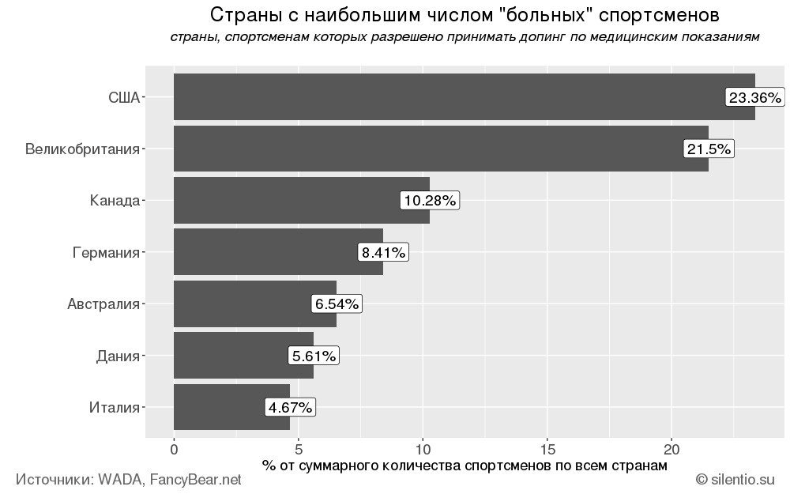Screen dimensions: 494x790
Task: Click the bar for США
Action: pyautogui.click(x=442, y=97)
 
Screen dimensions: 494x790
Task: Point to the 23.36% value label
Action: pyautogui.click(x=754, y=98)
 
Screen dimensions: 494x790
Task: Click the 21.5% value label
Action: pyautogui.click(x=709, y=149)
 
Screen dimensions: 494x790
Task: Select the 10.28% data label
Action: pyautogui.click(x=429, y=201)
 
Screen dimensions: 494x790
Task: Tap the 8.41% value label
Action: pyautogui.click(x=383, y=253)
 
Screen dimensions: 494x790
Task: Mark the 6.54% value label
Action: pyautogui.click(x=337, y=304)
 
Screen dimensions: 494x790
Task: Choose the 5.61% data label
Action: pyautogui.click(x=314, y=356)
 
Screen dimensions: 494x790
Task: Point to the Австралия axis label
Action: pyautogui.click(x=103, y=304)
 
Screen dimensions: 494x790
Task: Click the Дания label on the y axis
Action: pyautogui.click(x=117, y=356)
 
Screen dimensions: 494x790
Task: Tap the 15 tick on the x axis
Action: pyautogui.click(x=547, y=450)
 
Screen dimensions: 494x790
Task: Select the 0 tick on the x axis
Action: pyautogui.click(x=174, y=450)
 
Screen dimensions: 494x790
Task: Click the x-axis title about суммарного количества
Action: pyautogui.click(x=465, y=466)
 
